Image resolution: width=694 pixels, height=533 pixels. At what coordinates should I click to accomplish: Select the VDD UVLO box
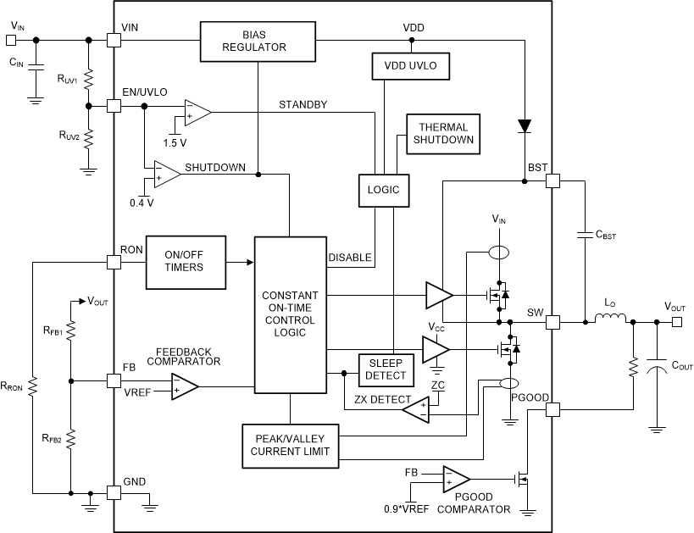(x=410, y=64)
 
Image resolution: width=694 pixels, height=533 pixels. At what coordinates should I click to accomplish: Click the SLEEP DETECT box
(x=386, y=369)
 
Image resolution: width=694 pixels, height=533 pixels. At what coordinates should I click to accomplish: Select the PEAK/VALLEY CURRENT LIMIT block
(x=291, y=445)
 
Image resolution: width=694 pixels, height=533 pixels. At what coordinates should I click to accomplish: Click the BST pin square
(x=552, y=180)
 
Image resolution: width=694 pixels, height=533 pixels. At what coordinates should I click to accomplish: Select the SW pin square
(x=552, y=322)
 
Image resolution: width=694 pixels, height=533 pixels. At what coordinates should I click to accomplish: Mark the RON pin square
(x=113, y=262)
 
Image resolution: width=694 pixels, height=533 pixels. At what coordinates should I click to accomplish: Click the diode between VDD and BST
(x=525, y=125)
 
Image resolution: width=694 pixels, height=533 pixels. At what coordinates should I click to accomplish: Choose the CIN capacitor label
(x=16, y=62)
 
